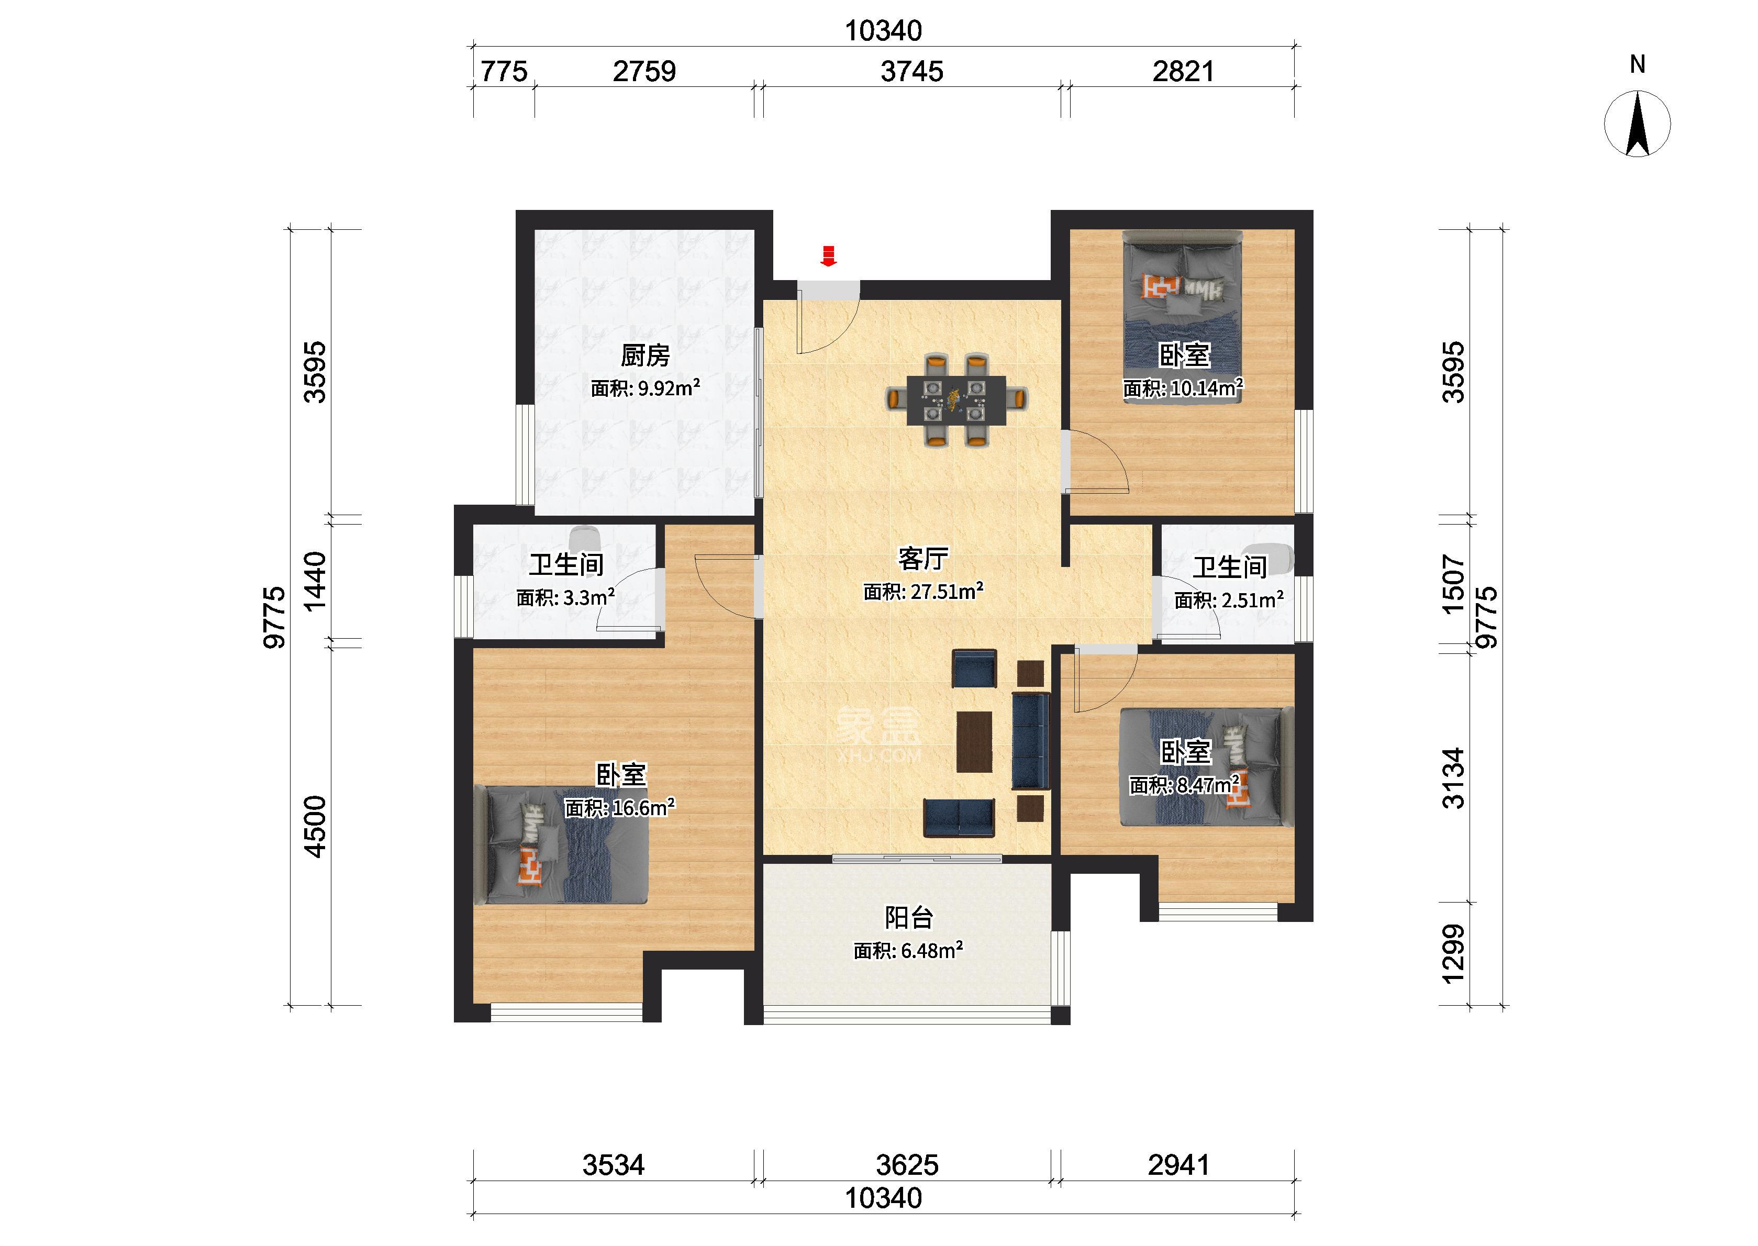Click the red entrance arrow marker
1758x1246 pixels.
828,255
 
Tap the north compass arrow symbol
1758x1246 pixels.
1638,124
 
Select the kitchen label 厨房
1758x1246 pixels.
645,355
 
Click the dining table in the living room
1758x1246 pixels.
956,399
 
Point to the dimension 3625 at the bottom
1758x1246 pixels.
907,1165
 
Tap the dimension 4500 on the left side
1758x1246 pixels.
315,826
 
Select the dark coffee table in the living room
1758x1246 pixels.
974,741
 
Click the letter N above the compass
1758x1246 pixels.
1638,64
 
